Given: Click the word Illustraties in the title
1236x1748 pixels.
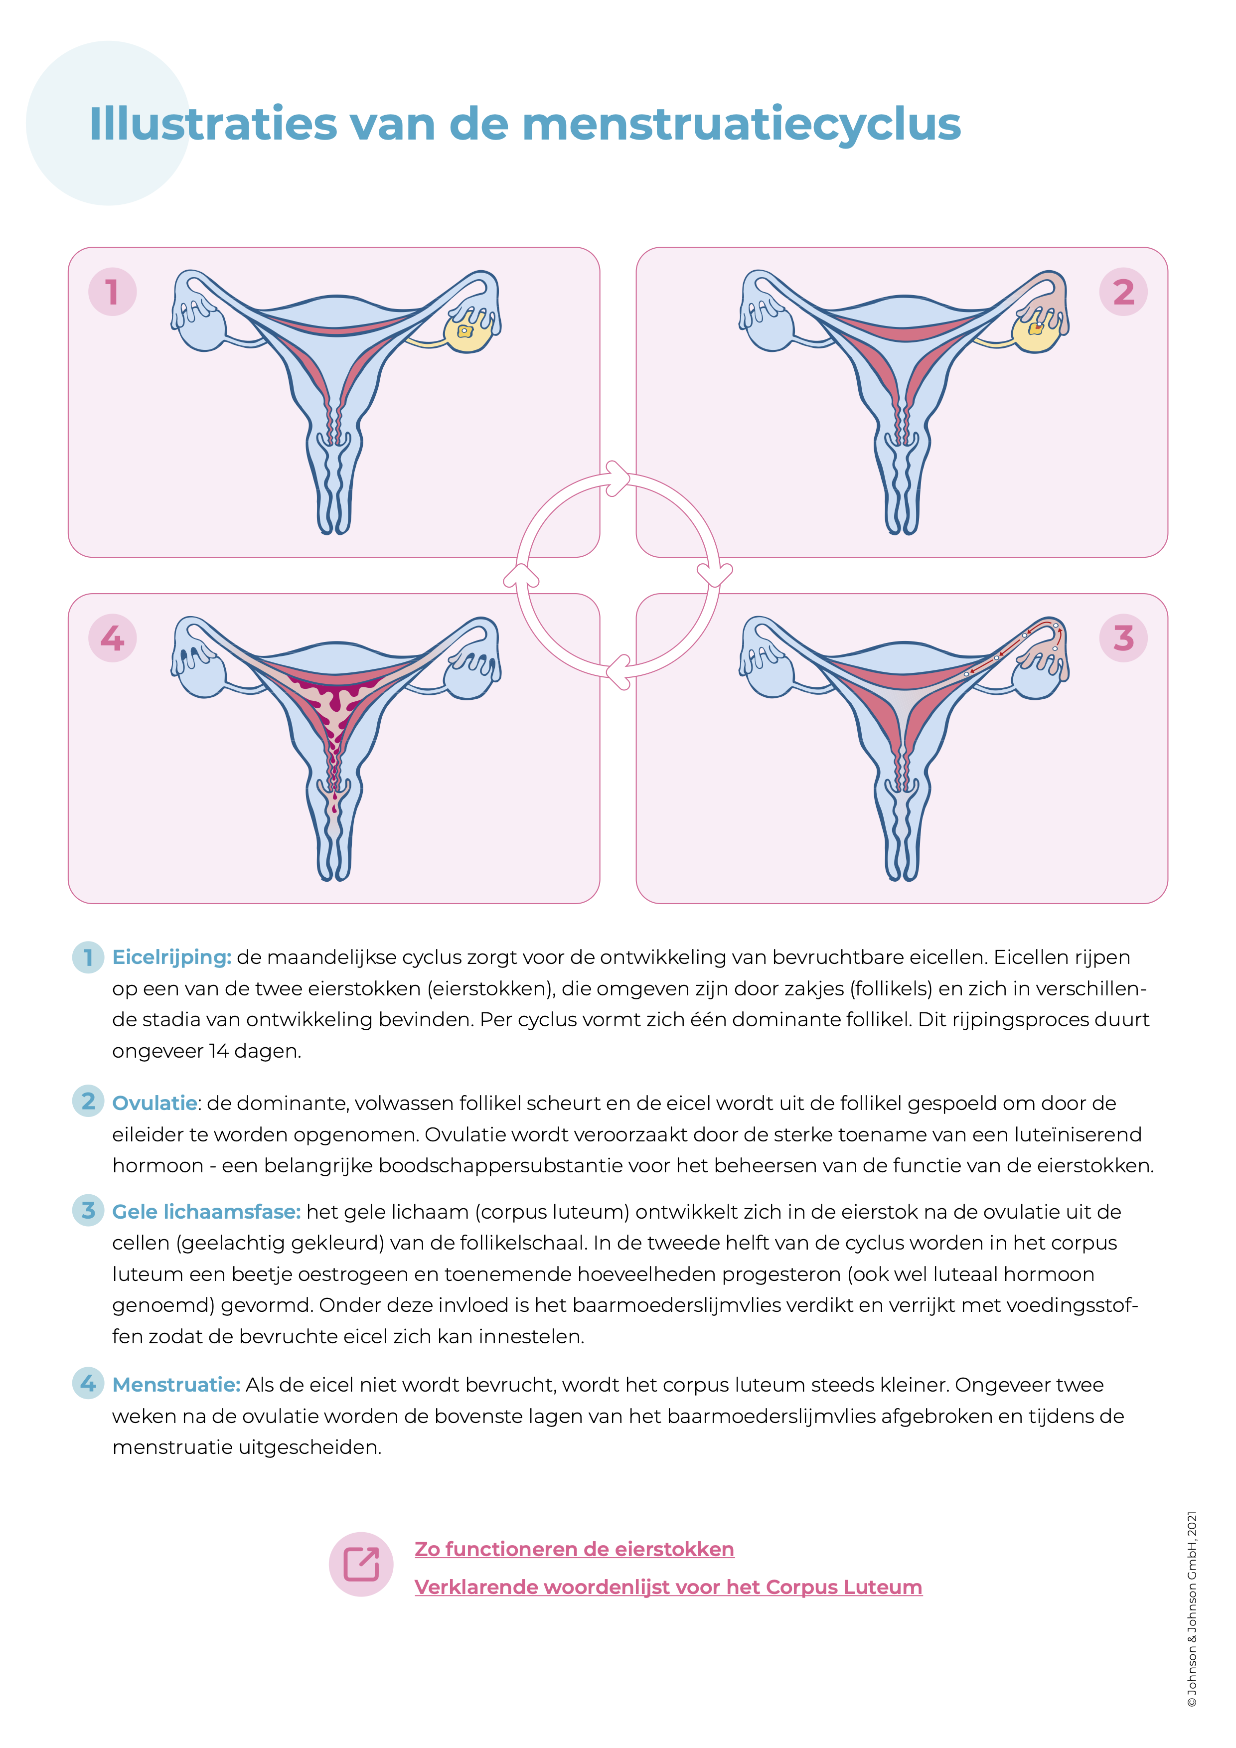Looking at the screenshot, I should [x=213, y=124].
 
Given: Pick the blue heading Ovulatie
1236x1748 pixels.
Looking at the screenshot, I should [x=154, y=1103].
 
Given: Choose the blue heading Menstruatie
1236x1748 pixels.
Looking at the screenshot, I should [x=176, y=1385].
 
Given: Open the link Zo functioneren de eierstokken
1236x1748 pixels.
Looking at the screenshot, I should [x=574, y=1549].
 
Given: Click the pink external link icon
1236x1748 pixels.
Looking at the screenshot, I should [x=361, y=1565].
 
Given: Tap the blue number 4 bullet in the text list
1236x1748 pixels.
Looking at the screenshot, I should [x=88, y=1383].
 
